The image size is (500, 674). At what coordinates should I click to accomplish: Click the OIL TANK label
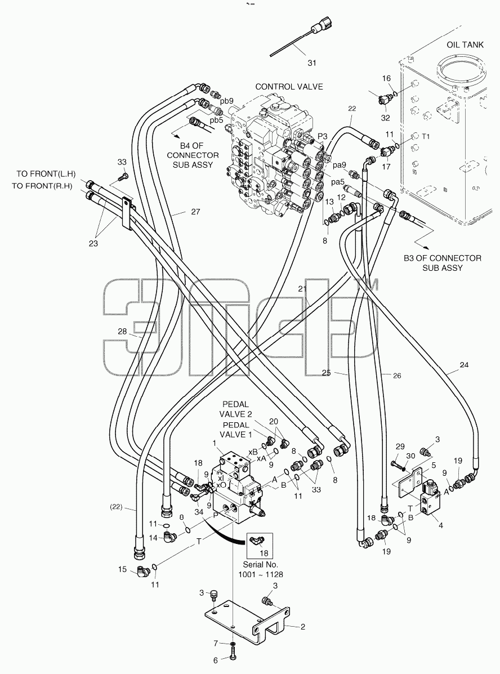[x=465, y=44]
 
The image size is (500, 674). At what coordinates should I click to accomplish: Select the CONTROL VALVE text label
[x=289, y=86]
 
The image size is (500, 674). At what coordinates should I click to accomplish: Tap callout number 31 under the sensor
[x=312, y=63]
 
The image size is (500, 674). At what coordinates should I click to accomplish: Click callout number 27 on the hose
[x=195, y=212]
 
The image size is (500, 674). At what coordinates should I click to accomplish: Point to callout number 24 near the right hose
[x=464, y=365]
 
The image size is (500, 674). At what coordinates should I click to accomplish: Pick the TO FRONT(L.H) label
[x=46, y=173]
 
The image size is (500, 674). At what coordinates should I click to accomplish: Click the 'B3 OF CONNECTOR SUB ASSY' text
[x=443, y=262]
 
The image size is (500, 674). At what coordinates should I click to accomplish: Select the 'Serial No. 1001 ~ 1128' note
[x=261, y=569]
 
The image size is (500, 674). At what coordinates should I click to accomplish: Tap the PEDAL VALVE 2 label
[x=235, y=409]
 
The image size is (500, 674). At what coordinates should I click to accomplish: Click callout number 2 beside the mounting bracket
[x=303, y=627]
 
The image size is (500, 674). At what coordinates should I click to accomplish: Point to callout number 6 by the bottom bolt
[x=216, y=660]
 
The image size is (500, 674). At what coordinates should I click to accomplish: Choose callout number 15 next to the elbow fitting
[x=123, y=569]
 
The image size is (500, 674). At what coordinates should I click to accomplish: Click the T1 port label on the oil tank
[x=425, y=136]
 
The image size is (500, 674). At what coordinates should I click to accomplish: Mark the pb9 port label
[x=226, y=101]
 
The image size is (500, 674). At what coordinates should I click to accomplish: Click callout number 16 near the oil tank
[x=386, y=78]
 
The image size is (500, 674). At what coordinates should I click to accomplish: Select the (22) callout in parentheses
[x=116, y=507]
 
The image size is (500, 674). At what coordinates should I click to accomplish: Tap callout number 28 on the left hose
[x=123, y=331]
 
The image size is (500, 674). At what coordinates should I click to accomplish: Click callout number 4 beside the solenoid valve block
[x=441, y=525]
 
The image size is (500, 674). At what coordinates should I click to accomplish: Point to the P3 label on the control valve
[x=323, y=136]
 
